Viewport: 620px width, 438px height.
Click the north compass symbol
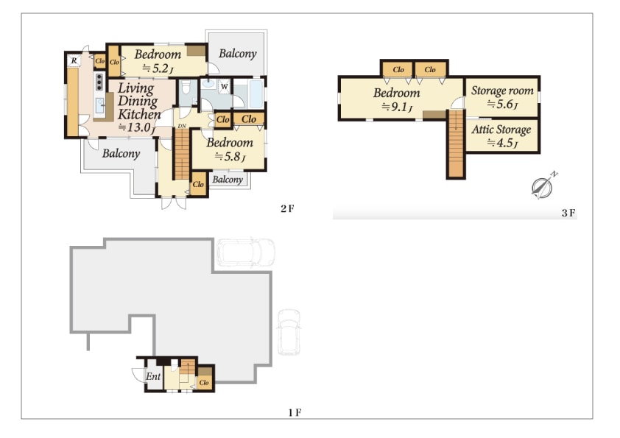543,186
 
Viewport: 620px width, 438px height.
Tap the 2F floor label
287,209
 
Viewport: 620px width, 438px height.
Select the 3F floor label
568,213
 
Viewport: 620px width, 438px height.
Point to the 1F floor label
295,413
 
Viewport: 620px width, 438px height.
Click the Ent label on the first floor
153,376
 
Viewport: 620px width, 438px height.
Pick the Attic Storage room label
501,130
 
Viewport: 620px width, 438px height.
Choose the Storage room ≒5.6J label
502,97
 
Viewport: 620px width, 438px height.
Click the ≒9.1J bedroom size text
397,107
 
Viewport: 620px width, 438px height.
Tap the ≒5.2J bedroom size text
158,68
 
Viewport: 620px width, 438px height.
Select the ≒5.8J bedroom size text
230,157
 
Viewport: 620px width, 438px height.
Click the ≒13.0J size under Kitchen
137,127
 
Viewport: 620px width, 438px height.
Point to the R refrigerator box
74,61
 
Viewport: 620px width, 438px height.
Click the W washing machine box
224,86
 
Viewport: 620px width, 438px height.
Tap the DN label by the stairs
181,126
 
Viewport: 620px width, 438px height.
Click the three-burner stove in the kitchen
99,82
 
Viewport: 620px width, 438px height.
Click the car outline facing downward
289,332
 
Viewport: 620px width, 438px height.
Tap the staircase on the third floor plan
456,144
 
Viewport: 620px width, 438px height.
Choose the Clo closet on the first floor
204,382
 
